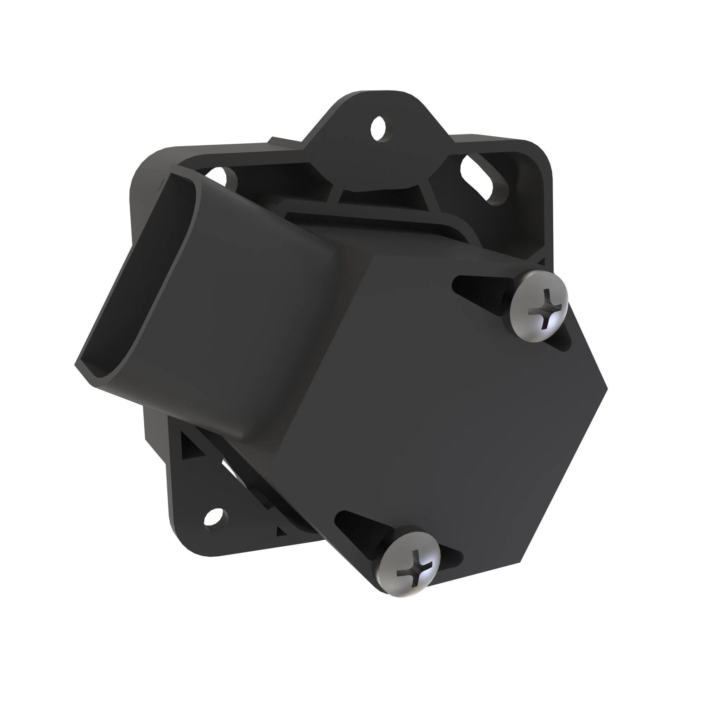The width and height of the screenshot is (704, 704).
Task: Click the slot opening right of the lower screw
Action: coord(451,555)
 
